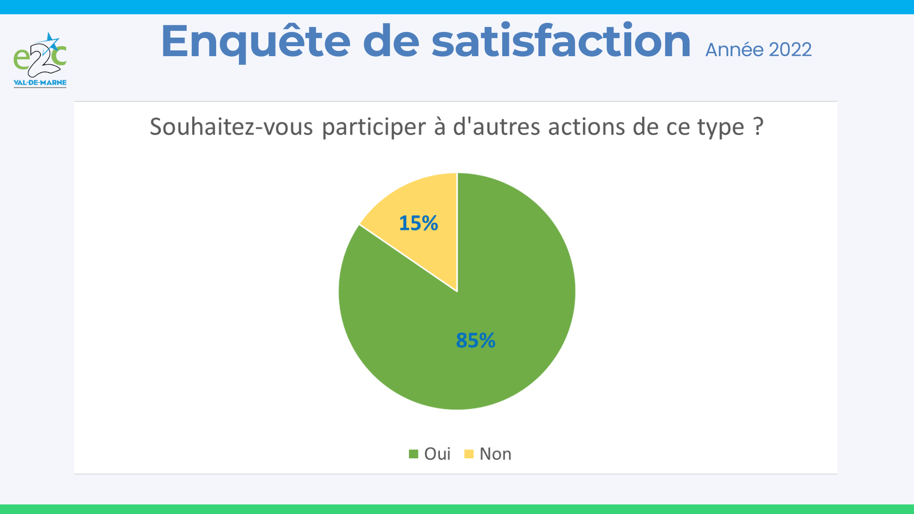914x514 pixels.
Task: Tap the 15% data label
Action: click(418, 223)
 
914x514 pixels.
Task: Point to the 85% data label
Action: click(476, 340)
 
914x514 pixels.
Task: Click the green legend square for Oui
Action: click(413, 454)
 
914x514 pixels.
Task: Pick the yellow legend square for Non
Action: click(469, 454)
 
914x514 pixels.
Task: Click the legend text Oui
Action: click(437, 454)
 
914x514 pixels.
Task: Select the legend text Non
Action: click(496, 454)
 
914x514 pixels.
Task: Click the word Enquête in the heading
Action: click(256, 42)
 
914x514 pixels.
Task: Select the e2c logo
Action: click(40, 60)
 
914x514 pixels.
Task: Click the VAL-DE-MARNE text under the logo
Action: click(40, 83)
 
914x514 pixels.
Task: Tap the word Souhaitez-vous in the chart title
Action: click(231, 127)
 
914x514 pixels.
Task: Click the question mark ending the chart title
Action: click(759, 127)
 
